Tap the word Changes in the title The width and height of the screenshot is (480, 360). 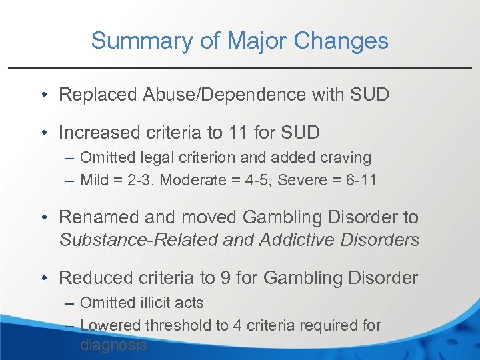tap(345, 41)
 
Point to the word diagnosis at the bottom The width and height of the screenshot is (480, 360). tap(113, 345)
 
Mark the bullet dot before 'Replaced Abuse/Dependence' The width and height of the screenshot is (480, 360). tap(42, 95)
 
